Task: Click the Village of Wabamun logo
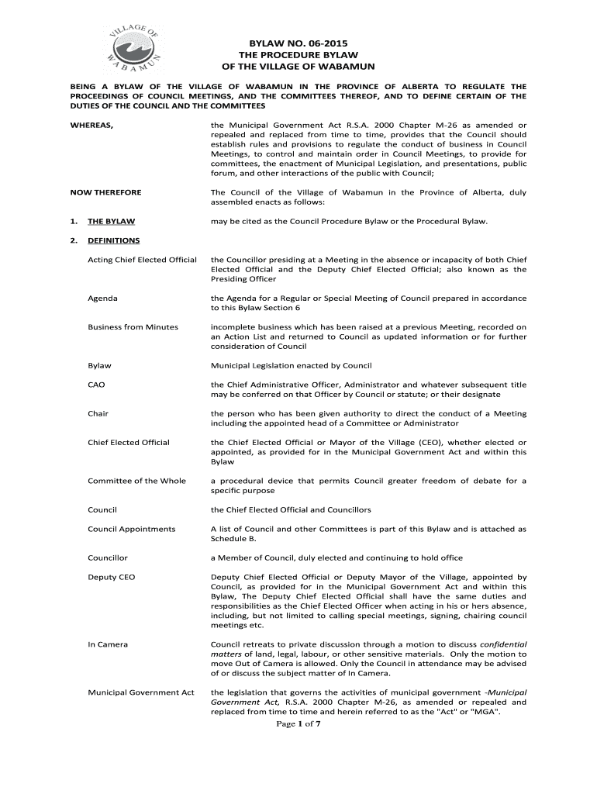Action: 129,48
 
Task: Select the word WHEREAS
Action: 92,125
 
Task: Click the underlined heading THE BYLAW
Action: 110,221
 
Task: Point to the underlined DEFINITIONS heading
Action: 113,240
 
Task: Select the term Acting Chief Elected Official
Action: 142,259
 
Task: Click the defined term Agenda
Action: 103,298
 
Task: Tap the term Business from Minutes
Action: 133,326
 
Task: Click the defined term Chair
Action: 98,413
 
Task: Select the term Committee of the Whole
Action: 136,481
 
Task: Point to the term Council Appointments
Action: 131,529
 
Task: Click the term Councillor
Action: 108,558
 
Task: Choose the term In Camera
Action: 108,644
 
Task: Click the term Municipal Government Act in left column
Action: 140,692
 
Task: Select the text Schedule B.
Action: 233,538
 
